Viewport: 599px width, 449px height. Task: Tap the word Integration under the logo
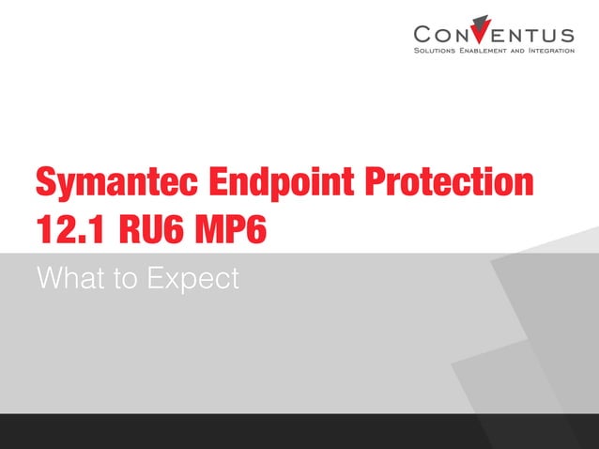click(553, 51)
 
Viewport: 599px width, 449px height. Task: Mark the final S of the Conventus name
click(566, 34)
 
